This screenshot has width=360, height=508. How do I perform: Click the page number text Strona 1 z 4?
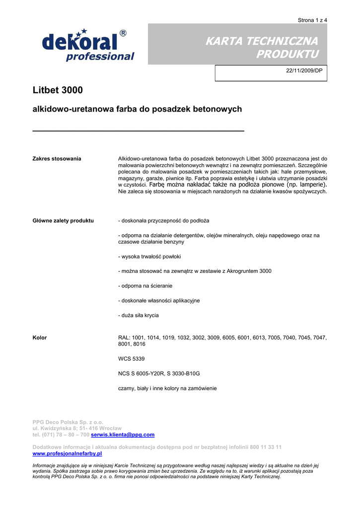(x=312, y=20)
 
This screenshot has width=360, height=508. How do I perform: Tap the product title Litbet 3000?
(x=58, y=90)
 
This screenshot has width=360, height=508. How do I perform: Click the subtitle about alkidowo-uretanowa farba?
(x=137, y=109)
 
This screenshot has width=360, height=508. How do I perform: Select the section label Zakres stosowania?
(x=57, y=159)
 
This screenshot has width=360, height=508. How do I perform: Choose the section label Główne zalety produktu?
(x=63, y=220)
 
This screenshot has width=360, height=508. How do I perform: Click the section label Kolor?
(x=40, y=338)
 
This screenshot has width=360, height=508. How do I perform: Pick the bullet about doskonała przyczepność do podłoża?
(x=164, y=220)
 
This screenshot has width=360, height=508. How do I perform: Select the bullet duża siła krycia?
(x=139, y=315)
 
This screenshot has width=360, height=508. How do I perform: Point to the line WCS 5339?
(x=132, y=359)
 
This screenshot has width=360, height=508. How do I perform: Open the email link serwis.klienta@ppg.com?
(x=123, y=435)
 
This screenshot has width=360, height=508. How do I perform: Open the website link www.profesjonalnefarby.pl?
(x=67, y=453)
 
